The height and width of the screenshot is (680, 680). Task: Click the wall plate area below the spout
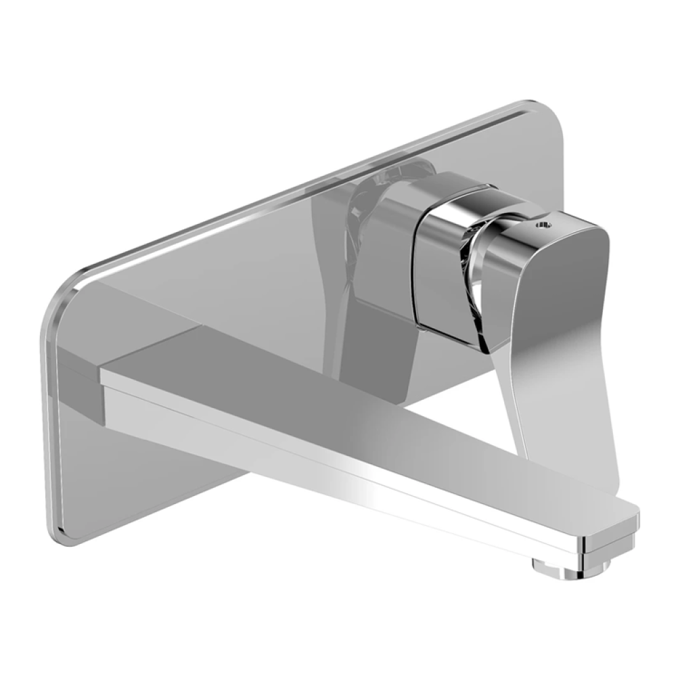point(135,474)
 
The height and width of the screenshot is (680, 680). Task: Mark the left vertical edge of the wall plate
point(54,406)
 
